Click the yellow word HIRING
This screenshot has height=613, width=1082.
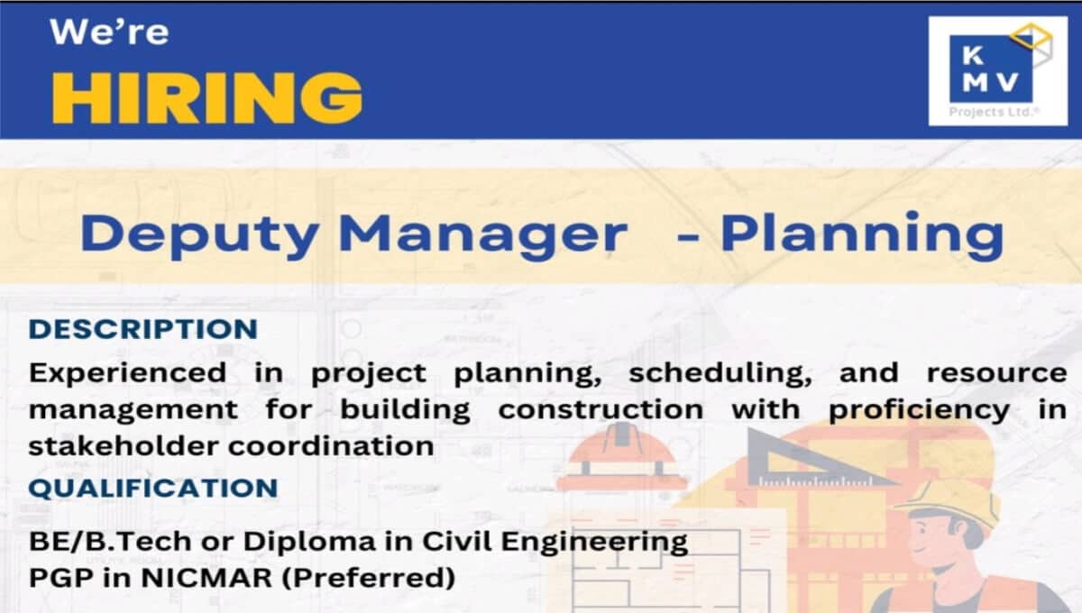tap(207, 98)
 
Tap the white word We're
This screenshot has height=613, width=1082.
tap(109, 32)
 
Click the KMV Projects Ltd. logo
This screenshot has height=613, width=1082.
tap(998, 71)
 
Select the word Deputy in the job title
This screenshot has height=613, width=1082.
tap(200, 235)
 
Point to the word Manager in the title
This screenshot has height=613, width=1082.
tap(483, 235)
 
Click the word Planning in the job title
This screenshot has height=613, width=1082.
tap(862, 235)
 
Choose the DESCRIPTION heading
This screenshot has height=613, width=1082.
tap(143, 329)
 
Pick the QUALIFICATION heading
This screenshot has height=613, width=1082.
tap(153, 488)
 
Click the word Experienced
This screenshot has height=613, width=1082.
tap(127, 374)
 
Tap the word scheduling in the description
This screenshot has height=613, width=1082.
tap(720, 374)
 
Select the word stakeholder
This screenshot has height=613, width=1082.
tap(124, 446)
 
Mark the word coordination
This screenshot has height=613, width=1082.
tap(332, 446)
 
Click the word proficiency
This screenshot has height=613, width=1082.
tap(920, 410)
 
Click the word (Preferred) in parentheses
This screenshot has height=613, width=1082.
tap(369, 577)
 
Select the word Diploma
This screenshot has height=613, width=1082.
tap(309, 541)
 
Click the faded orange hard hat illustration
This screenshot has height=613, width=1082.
tap(622, 459)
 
